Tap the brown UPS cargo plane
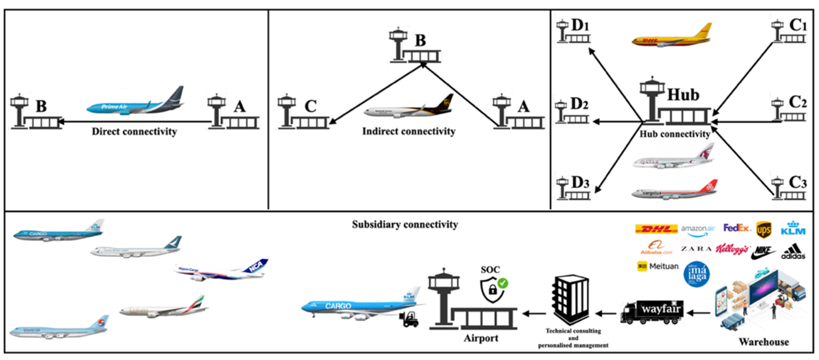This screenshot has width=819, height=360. [409, 108]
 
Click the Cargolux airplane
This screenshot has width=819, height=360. [674, 191]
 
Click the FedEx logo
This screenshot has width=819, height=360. [737, 228]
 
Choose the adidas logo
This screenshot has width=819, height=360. [793, 251]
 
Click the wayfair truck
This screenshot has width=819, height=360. [652, 312]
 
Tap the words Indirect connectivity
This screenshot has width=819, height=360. [409, 131]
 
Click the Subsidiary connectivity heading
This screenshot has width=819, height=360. [405, 225]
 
